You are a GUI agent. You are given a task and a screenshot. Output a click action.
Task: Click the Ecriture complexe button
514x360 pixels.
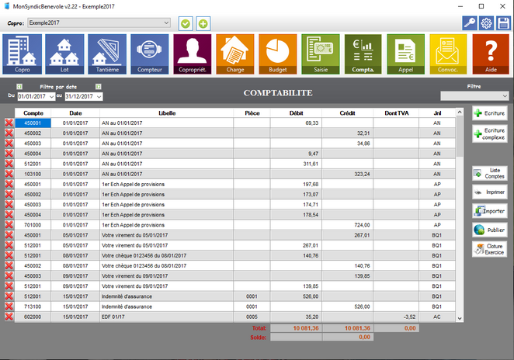coord(489,134)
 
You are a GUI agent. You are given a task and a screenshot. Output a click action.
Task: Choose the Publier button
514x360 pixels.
coord(489,230)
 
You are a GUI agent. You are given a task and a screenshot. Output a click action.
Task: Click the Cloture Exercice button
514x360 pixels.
coord(489,249)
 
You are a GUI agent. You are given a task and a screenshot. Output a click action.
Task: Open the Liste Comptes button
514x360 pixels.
coord(489,172)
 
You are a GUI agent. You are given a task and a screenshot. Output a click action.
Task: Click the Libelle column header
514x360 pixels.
coord(166,113)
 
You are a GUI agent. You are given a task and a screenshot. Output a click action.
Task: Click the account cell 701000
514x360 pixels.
coord(33,224)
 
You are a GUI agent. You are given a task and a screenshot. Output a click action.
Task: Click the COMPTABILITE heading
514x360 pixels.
coord(278,93)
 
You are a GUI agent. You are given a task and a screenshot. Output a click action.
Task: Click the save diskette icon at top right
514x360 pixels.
coord(503,23)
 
